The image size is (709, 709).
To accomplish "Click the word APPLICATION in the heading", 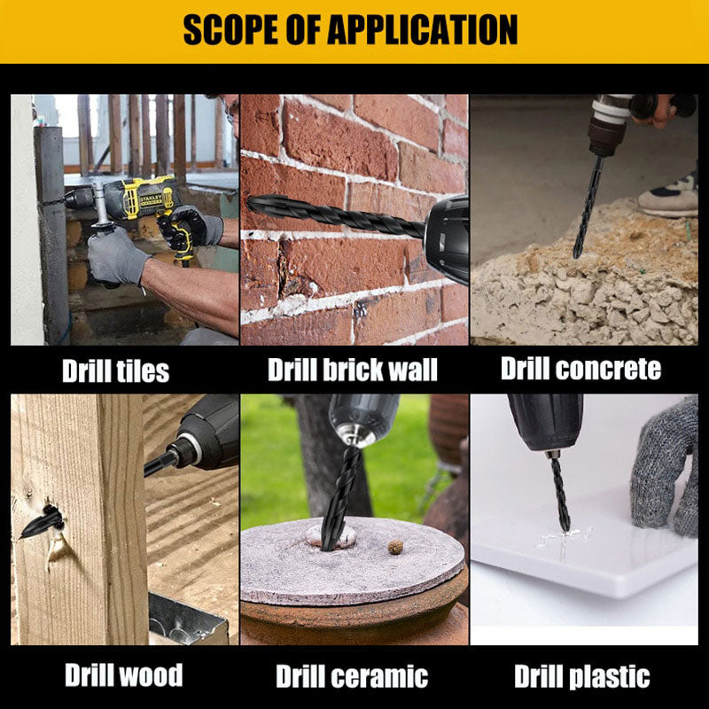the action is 423,30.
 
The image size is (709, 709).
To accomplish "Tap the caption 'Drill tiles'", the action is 116,371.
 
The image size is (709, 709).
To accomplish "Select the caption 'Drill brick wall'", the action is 353,370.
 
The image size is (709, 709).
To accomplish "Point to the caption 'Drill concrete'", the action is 581,369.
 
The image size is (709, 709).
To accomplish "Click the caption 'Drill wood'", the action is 123,675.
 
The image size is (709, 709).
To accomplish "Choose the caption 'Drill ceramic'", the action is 352,676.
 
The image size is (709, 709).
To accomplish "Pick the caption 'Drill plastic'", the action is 582,676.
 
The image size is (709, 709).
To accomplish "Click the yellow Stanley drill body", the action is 143,197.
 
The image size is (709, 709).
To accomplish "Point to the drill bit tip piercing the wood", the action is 21,537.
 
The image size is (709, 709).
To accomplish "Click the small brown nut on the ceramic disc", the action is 395,547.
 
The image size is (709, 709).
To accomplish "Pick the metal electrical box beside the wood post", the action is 187,619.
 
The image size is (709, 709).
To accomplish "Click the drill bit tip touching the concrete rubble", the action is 575,255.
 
